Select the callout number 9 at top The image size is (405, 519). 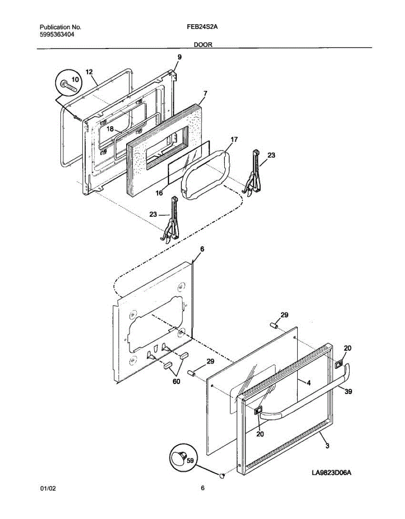pyautogui.click(x=179, y=57)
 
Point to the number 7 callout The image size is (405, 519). pyautogui.click(x=205, y=93)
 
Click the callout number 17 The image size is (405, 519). pyautogui.click(x=233, y=140)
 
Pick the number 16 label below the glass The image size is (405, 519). pyautogui.click(x=159, y=193)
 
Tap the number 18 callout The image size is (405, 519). pyautogui.click(x=110, y=129)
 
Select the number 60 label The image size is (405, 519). pyautogui.click(x=176, y=381)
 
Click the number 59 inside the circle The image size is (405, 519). pyautogui.click(x=189, y=461)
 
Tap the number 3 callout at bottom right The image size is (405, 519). pyautogui.click(x=327, y=447)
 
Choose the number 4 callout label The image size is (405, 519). pyautogui.click(x=309, y=383)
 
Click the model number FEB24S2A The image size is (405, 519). pyautogui.click(x=202, y=27)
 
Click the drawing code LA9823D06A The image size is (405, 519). pyautogui.click(x=332, y=473)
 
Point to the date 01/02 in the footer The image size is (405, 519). pyautogui.click(x=48, y=489)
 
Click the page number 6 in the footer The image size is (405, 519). pyautogui.click(x=202, y=489)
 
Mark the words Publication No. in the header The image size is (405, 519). pyautogui.click(x=60, y=27)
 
